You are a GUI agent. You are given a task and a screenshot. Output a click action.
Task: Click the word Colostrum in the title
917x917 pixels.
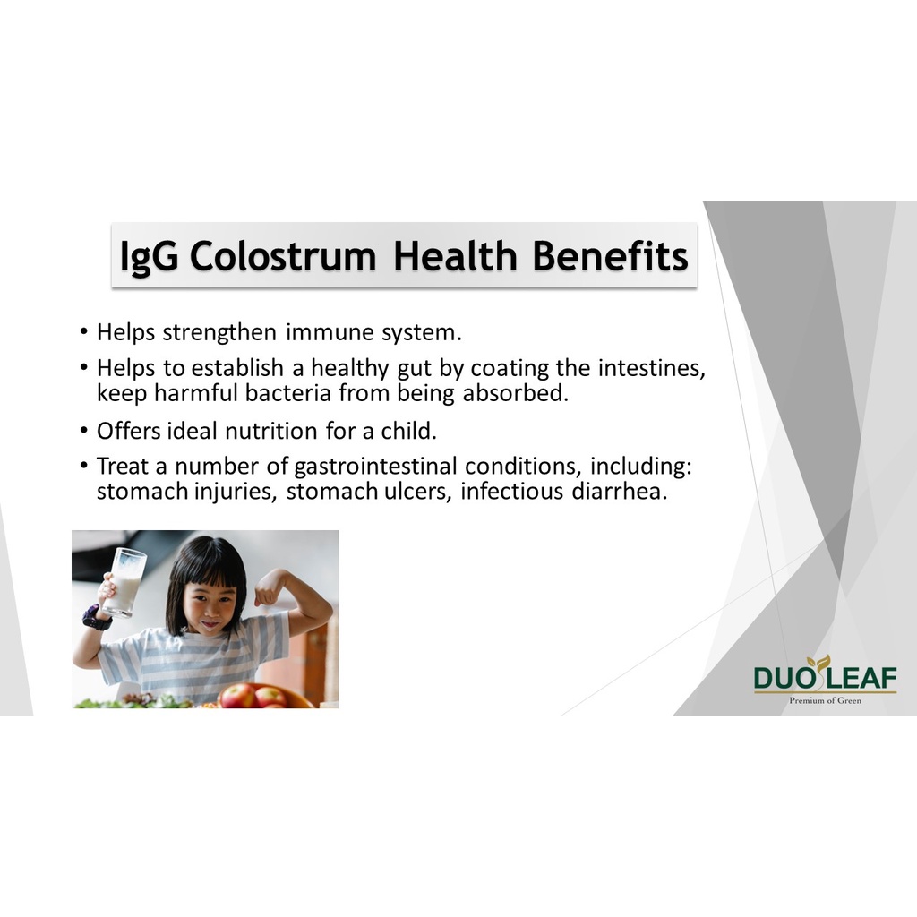(x=282, y=256)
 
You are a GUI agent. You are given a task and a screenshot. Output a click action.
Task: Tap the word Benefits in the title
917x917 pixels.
(x=610, y=256)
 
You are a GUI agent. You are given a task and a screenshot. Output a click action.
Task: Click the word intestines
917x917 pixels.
(x=652, y=368)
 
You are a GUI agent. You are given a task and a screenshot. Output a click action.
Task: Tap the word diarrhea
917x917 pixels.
(x=620, y=492)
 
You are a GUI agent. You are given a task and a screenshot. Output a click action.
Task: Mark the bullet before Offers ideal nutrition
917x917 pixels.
(x=84, y=431)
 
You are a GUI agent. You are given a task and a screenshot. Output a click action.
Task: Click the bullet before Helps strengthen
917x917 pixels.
(x=84, y=331)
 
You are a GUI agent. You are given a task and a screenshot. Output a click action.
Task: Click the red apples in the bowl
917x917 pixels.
(x=253, y=696)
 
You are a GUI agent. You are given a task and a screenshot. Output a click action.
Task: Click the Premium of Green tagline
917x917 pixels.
(x=825, y=700)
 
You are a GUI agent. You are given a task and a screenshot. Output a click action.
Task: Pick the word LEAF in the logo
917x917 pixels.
(x=861, y=679)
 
